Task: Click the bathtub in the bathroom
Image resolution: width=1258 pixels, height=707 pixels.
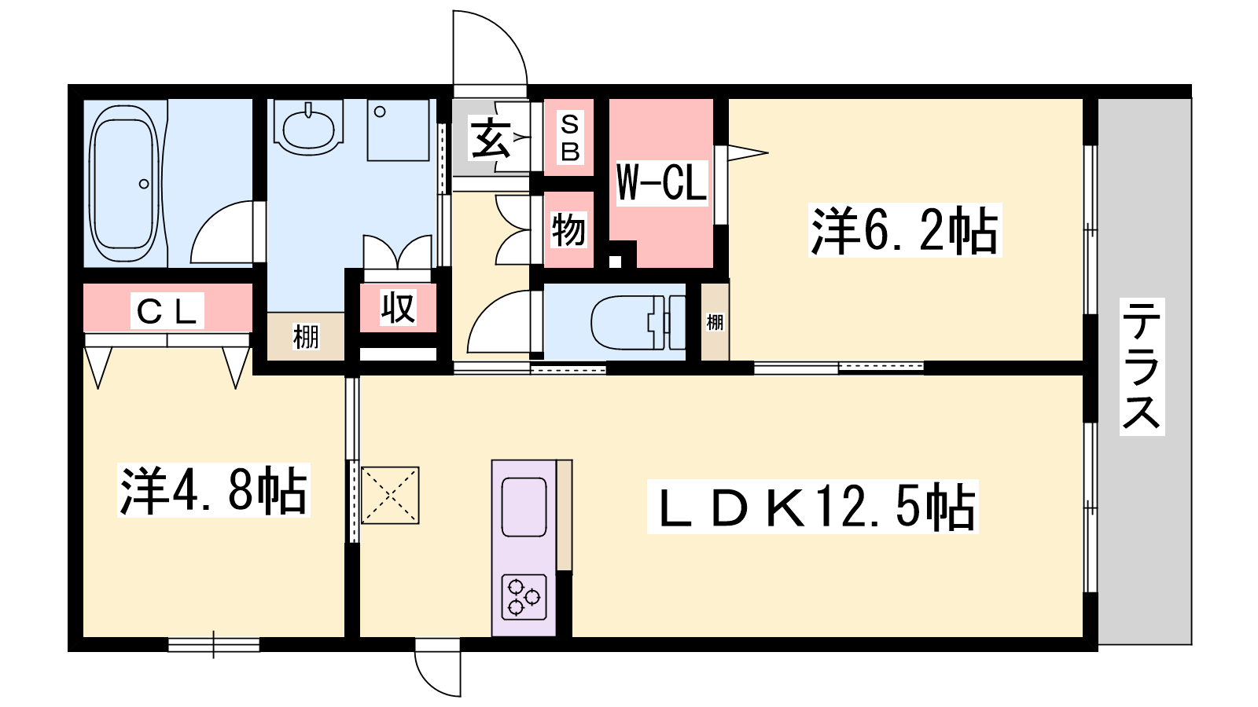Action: [124, 184]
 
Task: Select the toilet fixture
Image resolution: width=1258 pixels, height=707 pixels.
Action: [638, 323]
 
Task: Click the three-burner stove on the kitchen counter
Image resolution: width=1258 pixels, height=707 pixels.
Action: [524, 597]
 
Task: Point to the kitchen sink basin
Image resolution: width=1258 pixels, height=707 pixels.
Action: [524, 507]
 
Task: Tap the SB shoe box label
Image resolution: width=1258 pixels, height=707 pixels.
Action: [569, 137]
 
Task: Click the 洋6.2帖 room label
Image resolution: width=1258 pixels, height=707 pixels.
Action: [905, 231]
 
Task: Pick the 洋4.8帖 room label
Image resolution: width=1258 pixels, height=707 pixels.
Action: [213, 490]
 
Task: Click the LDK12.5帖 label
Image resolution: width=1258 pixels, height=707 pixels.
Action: [813, 507]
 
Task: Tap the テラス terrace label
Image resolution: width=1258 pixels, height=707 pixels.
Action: [1142, 366]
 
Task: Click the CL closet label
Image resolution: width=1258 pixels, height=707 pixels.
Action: [167, 311]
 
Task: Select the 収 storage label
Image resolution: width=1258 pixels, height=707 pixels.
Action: [398, 307]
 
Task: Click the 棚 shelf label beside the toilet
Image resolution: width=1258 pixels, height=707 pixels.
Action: [715, 322]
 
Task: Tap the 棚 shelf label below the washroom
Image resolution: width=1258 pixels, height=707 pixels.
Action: [306, 337]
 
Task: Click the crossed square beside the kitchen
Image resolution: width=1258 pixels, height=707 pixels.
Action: [390, 496]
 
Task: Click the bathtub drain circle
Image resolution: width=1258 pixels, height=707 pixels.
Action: [144, 184]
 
